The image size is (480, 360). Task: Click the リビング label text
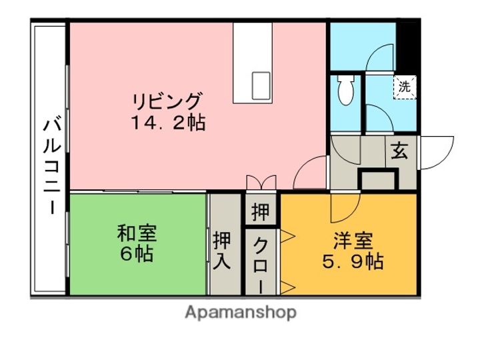click(x=167, y=102)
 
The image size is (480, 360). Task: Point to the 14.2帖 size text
click(x=167, y=123)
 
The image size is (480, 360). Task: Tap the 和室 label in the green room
click(x=137, y=234)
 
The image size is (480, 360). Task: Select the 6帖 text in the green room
click(x=137, y=254)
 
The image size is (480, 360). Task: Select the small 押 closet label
click(x=260, y=211)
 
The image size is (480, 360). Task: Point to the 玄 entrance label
click(x=399, y=152)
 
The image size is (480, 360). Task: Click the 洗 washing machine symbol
click(x=404, y=86)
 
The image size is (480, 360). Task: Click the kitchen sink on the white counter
click(x=261, y=85)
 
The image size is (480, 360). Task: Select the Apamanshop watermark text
click(x=240, y=312)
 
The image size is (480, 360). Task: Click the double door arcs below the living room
click(x=259, y=182)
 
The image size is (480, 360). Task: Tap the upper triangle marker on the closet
click(x=287, y=234)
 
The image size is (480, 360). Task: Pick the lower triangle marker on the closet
click(x=287, y=287)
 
